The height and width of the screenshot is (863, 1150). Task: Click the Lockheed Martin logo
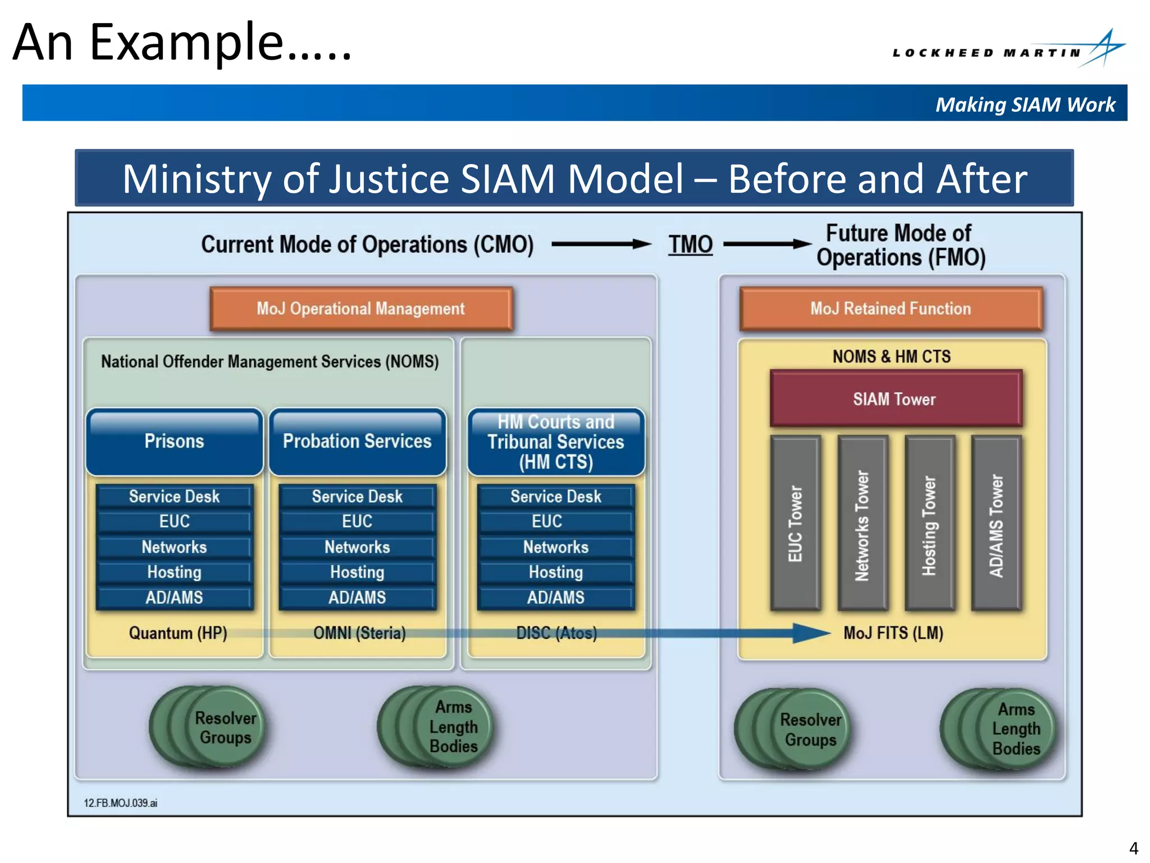(1008, 51)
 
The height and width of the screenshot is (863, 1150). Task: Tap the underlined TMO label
(690, 244)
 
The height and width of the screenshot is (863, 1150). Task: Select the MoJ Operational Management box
(360, 308)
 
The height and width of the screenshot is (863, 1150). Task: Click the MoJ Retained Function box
(891, 308)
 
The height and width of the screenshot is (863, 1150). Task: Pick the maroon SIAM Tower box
(895, 399)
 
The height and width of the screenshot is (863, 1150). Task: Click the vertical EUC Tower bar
(795, 523)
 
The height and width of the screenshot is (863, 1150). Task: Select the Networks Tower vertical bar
(862, 523)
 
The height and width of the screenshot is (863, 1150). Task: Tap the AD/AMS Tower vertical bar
(996, 523)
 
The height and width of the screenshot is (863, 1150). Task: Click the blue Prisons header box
(174, 442)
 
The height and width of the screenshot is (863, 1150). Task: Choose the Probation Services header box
(357, 442)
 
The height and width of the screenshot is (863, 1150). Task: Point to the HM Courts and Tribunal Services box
(556, 442)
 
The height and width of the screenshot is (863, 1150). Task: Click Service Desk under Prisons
(174, 497)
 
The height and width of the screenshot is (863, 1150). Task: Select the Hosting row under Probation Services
(357, 572)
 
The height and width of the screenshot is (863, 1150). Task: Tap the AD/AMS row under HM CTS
(556, 597)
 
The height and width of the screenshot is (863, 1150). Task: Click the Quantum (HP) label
(178, 633)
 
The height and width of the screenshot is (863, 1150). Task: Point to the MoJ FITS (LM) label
(893, 633)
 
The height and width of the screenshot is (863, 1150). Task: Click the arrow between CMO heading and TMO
(601, 244)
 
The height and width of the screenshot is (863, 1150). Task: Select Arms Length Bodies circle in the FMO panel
(1005, 728)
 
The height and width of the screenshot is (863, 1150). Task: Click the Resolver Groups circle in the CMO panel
(216, 727)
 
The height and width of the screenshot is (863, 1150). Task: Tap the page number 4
(1133, 848)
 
